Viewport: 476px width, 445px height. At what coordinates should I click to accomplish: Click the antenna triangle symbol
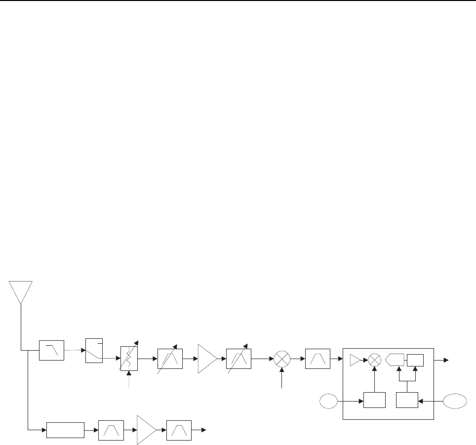coord(20,291)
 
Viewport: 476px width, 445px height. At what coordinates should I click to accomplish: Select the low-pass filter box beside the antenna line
coord(52,350)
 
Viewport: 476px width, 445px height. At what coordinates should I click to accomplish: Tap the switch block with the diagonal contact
coord(94,351)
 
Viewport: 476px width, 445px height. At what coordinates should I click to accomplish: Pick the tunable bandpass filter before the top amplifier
coord(169,358)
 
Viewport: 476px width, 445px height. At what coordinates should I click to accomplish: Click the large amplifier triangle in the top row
coord(206,358)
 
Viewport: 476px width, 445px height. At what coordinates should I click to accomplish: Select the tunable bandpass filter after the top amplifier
coord(238,358)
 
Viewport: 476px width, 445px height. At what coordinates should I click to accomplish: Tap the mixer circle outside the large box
coord(282,358)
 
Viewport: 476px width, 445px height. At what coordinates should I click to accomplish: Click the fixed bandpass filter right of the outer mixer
coord(318,358)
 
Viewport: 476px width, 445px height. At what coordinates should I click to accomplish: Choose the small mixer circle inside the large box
coord(375,359)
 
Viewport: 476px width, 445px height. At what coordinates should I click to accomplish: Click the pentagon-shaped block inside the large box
coord(395,359)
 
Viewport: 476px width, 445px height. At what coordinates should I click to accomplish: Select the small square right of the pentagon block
coord(415,359)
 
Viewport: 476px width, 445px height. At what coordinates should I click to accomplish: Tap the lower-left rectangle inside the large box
coord(374,400)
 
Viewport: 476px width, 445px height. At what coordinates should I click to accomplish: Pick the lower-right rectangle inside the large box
coord(407,400)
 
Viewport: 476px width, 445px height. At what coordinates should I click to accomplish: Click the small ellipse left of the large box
coord(328,401)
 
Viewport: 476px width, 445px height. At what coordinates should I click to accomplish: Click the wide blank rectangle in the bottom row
coord(65,430)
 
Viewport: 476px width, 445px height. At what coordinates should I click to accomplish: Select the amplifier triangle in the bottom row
coord(145,430)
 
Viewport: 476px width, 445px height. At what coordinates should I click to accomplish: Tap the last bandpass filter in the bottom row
coord(178,430)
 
